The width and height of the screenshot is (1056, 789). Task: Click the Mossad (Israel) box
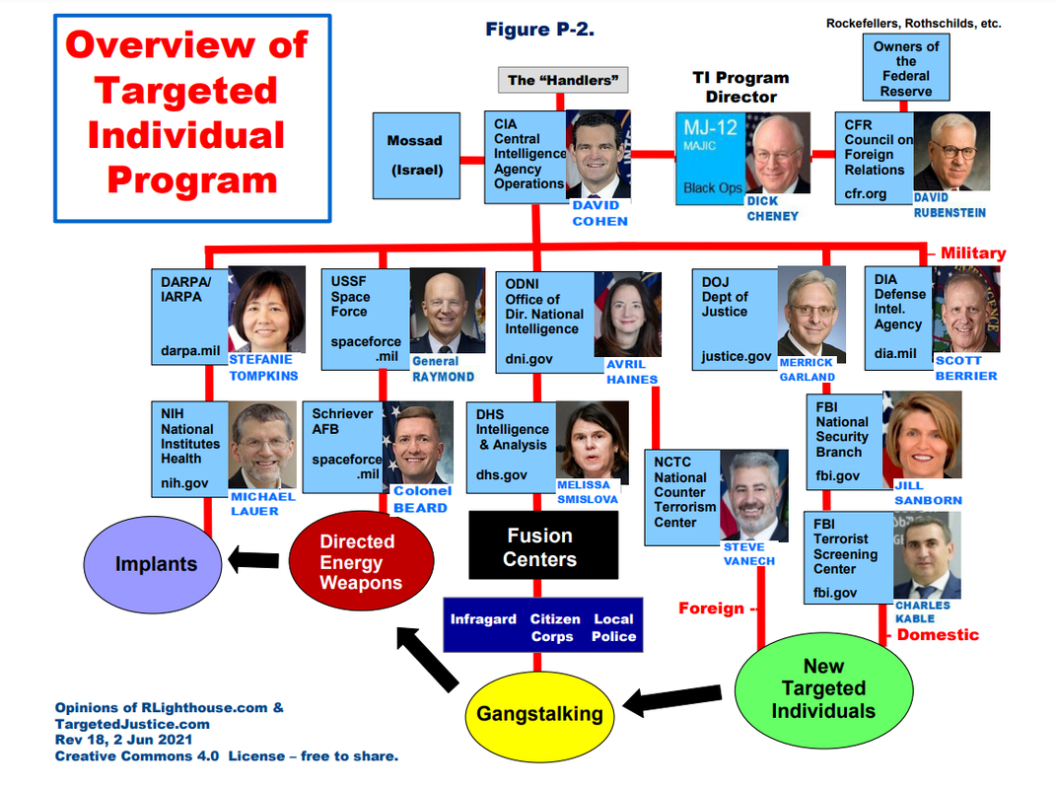pos(415,155)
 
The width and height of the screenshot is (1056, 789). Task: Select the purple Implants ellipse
pos(156,564)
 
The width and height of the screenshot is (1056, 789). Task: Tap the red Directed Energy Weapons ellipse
pos(361,563)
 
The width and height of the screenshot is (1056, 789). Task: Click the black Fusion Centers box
pos(540,547)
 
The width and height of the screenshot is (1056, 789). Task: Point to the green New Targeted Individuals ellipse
pos(823,689)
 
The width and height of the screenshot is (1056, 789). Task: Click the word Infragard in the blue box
pos(483,619)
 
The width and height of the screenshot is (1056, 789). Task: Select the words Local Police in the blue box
pos(613,628)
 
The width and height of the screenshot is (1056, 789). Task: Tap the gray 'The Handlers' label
pos(560,80)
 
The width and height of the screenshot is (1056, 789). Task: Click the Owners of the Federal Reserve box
pos(905,69)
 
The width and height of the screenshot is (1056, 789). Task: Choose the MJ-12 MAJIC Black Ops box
pos(709,158)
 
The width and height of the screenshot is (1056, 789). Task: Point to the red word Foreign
pos(711,609)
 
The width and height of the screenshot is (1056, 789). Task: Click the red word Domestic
pos(938,634)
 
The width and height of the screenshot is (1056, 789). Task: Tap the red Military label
pos(972,253)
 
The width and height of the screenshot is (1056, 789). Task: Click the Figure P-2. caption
pos(539,30)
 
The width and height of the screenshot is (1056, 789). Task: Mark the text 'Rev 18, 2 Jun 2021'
pos(123,739)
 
